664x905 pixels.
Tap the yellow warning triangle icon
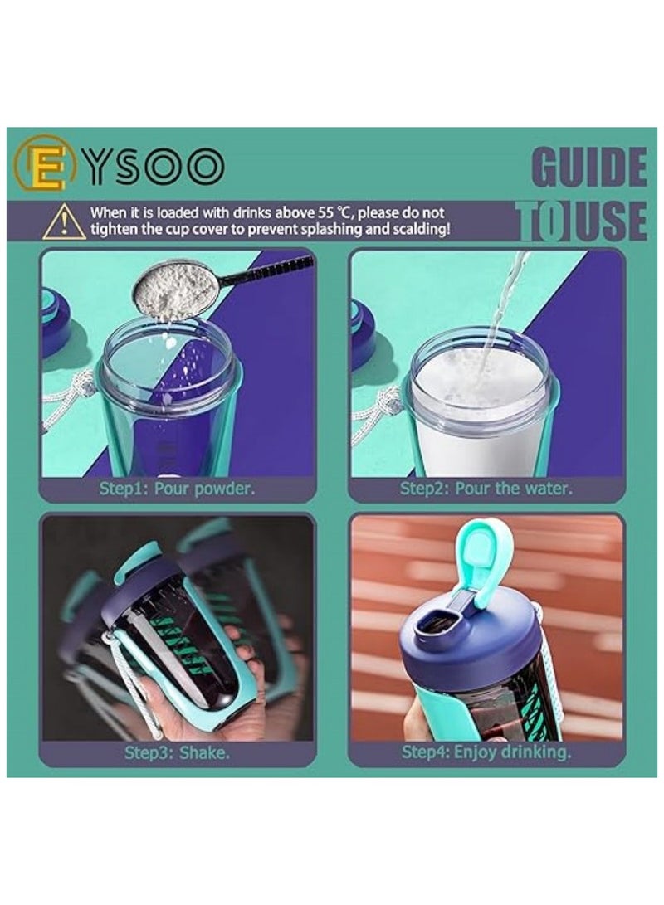(64, 221)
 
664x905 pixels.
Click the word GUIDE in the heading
(588, 168)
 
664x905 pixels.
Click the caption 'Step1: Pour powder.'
(177, 488)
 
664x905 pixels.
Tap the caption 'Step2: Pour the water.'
(486, 488)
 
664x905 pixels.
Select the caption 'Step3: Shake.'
(177, 753)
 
